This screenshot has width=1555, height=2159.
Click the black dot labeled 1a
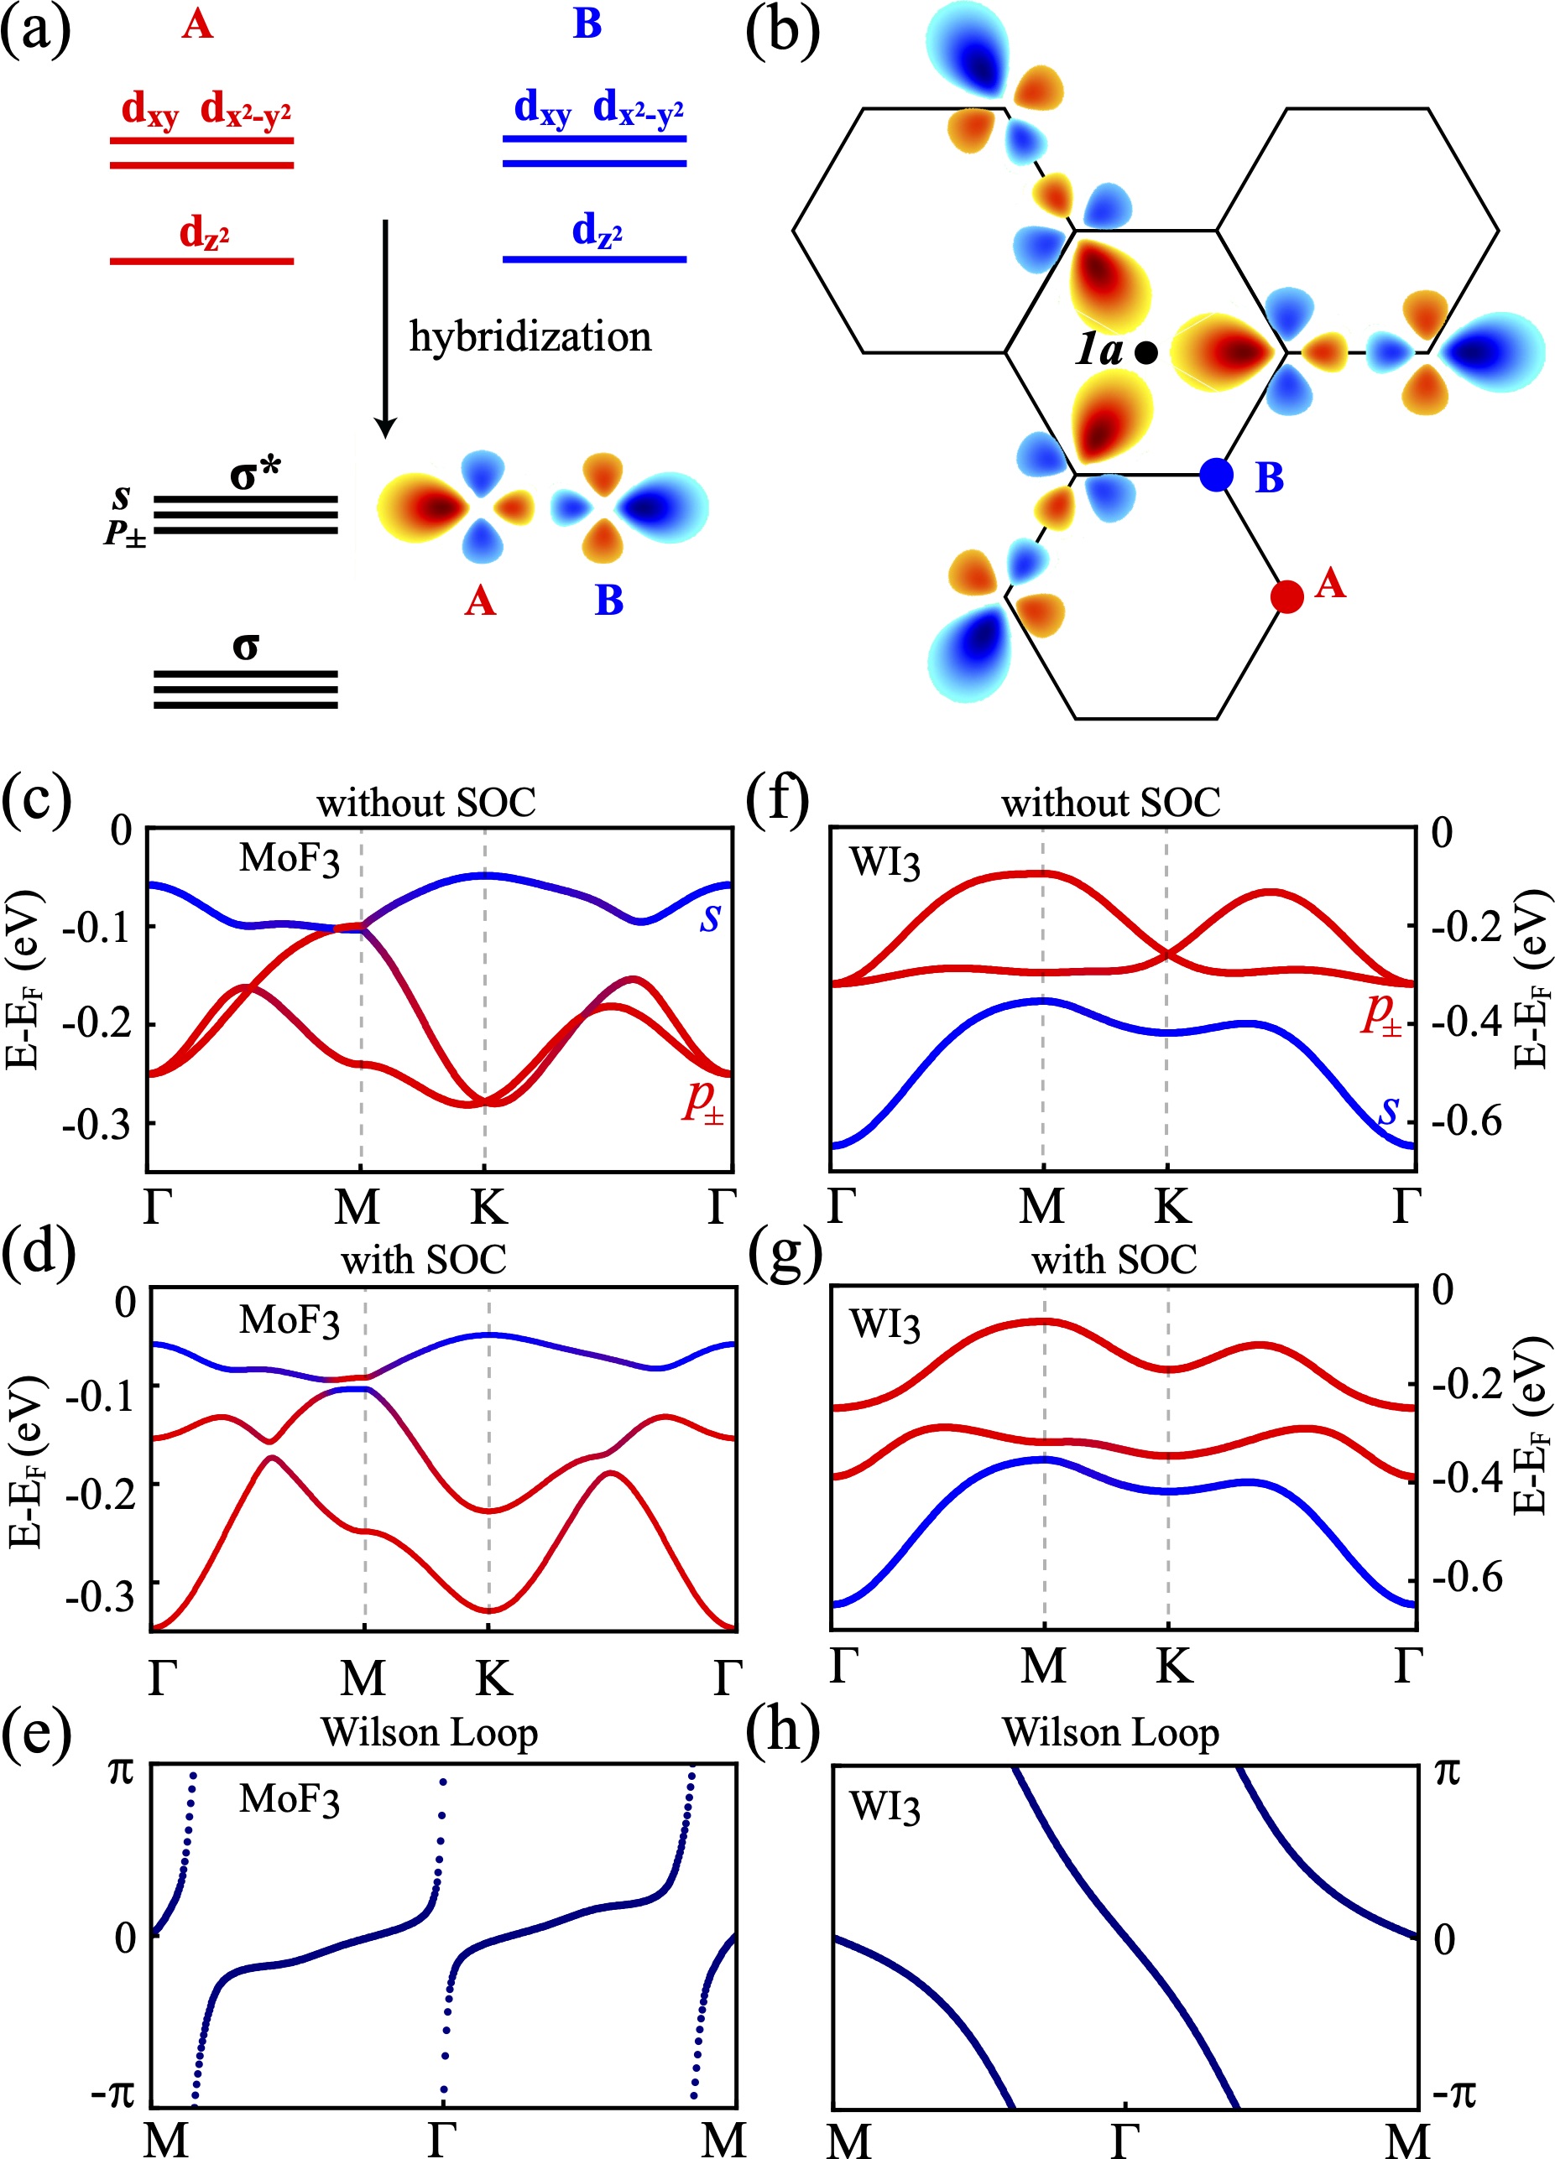pos(1146,353)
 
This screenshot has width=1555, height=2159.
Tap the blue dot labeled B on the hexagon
pos(1216,474)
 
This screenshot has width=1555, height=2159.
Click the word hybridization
pos(530,337)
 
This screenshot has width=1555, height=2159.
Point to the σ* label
pos(255,473)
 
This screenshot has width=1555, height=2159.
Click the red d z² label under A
pos(204,232)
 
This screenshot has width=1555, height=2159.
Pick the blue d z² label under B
pos(596,231)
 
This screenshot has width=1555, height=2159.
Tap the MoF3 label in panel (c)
pos(289,859)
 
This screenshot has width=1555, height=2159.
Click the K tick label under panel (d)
pos(493,1678)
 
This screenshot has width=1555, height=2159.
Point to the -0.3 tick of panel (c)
pos(94,1124)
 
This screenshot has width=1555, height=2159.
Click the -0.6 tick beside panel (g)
pos(1466,1579)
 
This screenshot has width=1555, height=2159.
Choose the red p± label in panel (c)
pos(702,1101)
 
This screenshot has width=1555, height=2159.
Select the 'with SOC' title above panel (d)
pos(424,1261)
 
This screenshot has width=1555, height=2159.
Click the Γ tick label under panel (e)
pos(442,2138)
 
